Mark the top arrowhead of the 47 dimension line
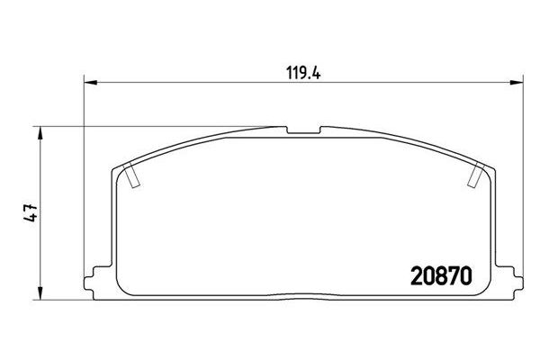coord(40,130)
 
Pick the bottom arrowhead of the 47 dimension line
coord(40,294)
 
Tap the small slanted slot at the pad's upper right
coord(473,179)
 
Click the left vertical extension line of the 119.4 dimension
coord(83,180)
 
